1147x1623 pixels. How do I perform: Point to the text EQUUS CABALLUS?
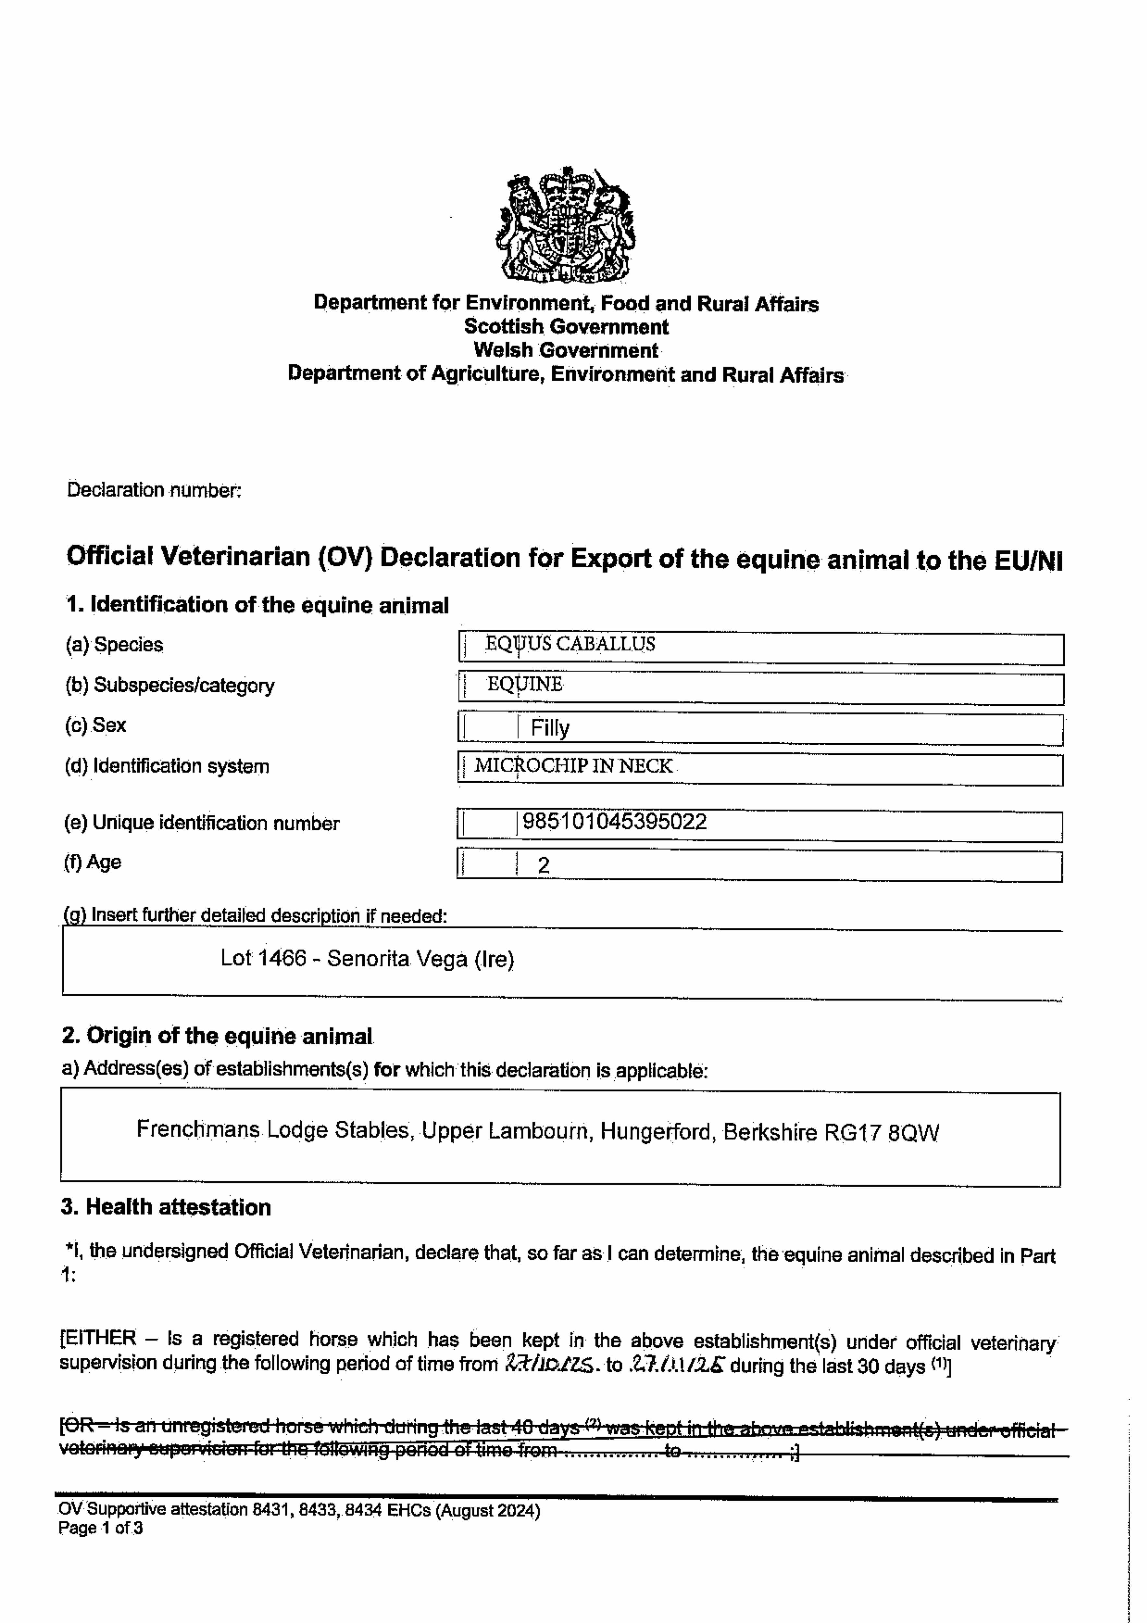(570, 644)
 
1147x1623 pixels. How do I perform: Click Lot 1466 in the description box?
(263, 959)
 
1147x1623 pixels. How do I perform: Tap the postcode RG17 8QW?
(881, 1133)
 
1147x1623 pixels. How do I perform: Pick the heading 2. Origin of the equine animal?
(217, 1036)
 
